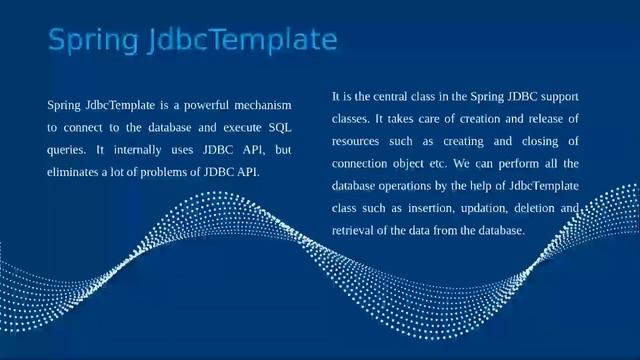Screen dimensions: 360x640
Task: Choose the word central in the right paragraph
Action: pyautogui.click(x=404, y=96)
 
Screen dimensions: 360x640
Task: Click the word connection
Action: pyautogui.click(x=364, y=163)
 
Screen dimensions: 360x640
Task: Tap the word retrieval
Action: pyautogui.click(x=356, y=230)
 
